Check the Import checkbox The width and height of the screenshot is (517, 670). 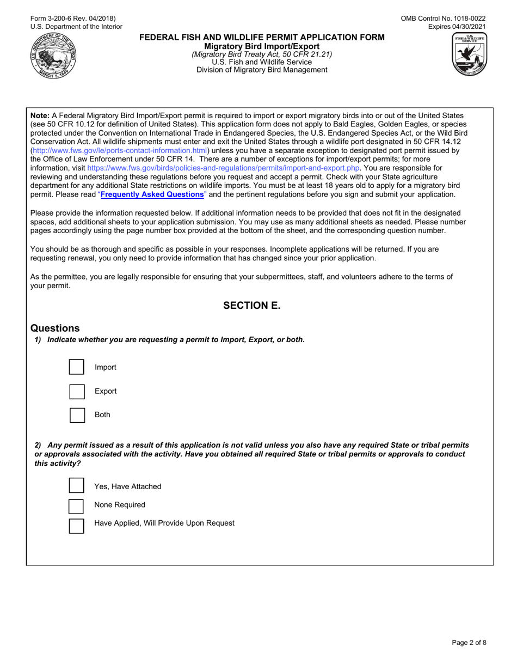pos(77,367)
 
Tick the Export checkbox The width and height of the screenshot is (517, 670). pos(77,391)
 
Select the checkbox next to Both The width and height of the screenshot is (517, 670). pos(77,415)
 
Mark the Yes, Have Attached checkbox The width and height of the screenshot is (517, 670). pos(77,486)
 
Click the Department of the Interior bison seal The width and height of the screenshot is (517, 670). pos(53,56)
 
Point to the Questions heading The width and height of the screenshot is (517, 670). pos(55,328)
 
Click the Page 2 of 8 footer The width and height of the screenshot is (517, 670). pos(469,642)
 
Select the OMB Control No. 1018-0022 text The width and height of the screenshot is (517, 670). pos(444,19)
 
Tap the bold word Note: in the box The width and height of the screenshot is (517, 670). pos(40,115)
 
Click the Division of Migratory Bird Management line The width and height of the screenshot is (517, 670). pos(262,70)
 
